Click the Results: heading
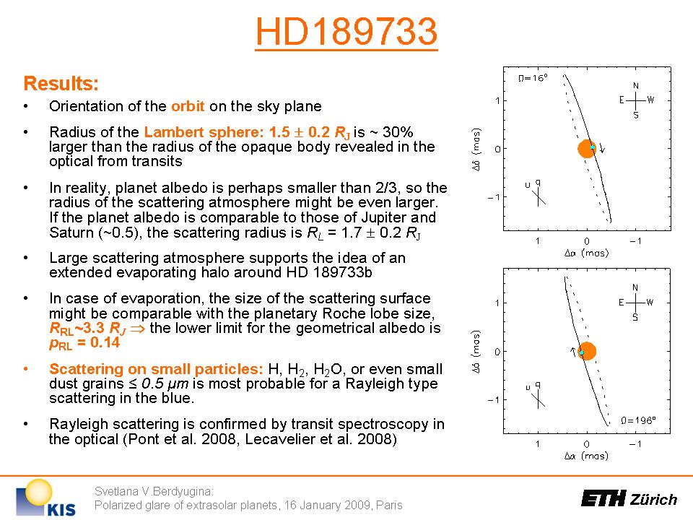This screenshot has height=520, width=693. coord(61,83)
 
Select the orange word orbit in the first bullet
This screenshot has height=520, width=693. coord(188,106)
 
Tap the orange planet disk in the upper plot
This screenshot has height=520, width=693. coord(586,149)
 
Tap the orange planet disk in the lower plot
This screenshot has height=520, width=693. coord(587,351)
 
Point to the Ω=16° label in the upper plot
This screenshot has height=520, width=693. coord(533,78)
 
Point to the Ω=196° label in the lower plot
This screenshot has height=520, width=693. coord(638,420)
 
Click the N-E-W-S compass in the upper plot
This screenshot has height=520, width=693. coord(636,100)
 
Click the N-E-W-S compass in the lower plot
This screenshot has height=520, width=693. coord(635,303)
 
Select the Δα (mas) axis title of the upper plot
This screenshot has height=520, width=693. coord(586,253)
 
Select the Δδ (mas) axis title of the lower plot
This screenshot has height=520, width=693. coord(476,352)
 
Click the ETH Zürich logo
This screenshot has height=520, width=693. coord(629,498)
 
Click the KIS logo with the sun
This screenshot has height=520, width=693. coord(45,498)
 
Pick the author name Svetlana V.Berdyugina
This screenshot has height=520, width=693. coord(154,491)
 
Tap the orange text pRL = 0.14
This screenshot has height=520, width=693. coord(84,342)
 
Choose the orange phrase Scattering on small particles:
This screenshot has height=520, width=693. coord(157,369)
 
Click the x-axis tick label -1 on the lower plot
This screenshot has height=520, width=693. coord(635,443)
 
